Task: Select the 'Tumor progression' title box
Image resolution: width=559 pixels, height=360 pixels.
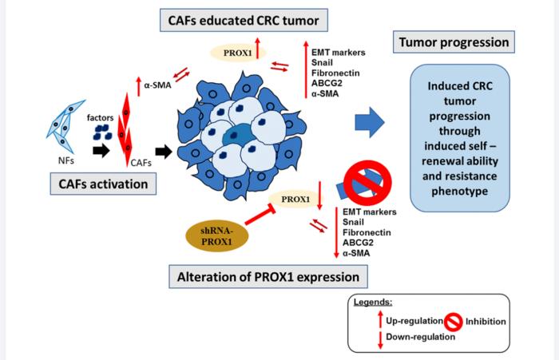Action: coord(452,41)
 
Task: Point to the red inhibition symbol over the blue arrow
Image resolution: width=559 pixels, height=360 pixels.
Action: coord(364,180)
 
